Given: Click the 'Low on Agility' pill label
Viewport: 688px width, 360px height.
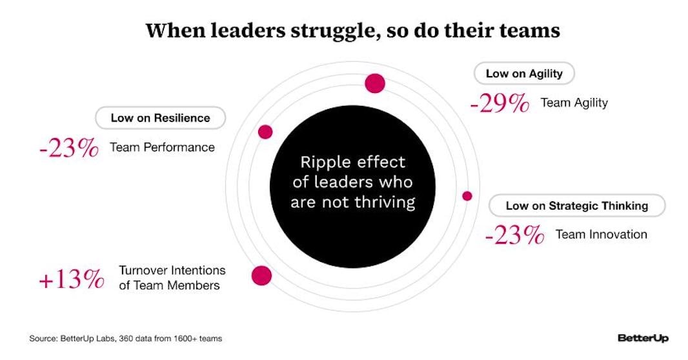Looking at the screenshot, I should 524,74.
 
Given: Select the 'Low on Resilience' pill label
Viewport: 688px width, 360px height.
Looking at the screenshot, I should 160,118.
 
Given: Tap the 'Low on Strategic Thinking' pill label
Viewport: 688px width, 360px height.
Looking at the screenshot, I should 576,206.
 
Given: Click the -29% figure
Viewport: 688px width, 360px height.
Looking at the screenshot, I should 500,103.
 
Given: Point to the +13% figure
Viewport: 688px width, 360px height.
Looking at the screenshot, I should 71,280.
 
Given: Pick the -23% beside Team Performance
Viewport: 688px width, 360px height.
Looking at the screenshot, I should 68,148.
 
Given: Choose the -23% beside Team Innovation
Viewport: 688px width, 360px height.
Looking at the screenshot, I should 514,235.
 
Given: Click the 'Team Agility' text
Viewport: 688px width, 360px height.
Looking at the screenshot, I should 574,103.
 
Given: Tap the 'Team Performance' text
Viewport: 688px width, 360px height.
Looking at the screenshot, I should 162,147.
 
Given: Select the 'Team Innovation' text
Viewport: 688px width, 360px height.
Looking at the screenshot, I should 601,234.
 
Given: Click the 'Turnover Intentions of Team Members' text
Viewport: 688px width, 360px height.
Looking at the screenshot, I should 172,278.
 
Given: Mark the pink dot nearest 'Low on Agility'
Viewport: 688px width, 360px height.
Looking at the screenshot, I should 375,83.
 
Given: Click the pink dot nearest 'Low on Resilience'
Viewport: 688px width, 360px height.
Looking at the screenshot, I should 265,132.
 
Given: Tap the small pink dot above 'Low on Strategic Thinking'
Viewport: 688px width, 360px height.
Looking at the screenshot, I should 467,195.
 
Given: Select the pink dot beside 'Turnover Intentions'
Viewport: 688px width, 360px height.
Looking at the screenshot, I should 261,275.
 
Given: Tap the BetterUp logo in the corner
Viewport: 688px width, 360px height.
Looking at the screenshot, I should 643,338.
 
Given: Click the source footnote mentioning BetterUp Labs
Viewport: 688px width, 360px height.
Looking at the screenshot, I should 126,338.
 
